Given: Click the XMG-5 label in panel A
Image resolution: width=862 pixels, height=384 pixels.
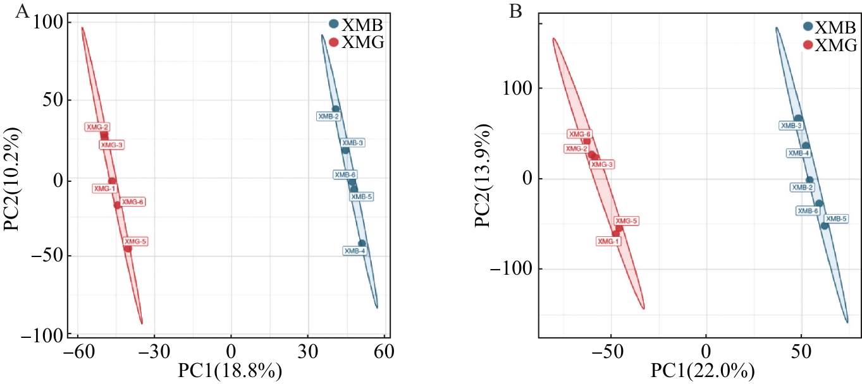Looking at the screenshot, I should (x=136, y=241).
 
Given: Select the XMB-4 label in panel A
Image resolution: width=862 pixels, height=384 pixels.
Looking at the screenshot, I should (x=354, y=251).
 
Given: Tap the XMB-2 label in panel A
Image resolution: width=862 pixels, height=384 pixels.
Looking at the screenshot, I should (x=328, y=116).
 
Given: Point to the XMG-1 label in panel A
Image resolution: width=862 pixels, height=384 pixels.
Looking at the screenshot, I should (x=104, y=188).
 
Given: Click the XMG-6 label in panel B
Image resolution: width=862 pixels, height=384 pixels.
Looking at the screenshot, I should (x=579, y=134).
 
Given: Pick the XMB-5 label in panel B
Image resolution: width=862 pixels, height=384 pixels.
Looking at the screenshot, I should (x=837, y=219).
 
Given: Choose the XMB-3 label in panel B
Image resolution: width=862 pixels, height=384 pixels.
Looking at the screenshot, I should (x=791, y=126).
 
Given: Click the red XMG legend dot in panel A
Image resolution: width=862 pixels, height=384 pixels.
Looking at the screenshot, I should (x=333, y=43).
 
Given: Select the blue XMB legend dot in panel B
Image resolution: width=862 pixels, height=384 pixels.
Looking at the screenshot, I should (x=808, y=27).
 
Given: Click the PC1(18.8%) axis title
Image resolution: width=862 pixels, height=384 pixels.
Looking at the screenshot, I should (x=230, y=371).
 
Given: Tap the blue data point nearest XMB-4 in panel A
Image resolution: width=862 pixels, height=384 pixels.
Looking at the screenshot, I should (x=362, y=243).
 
